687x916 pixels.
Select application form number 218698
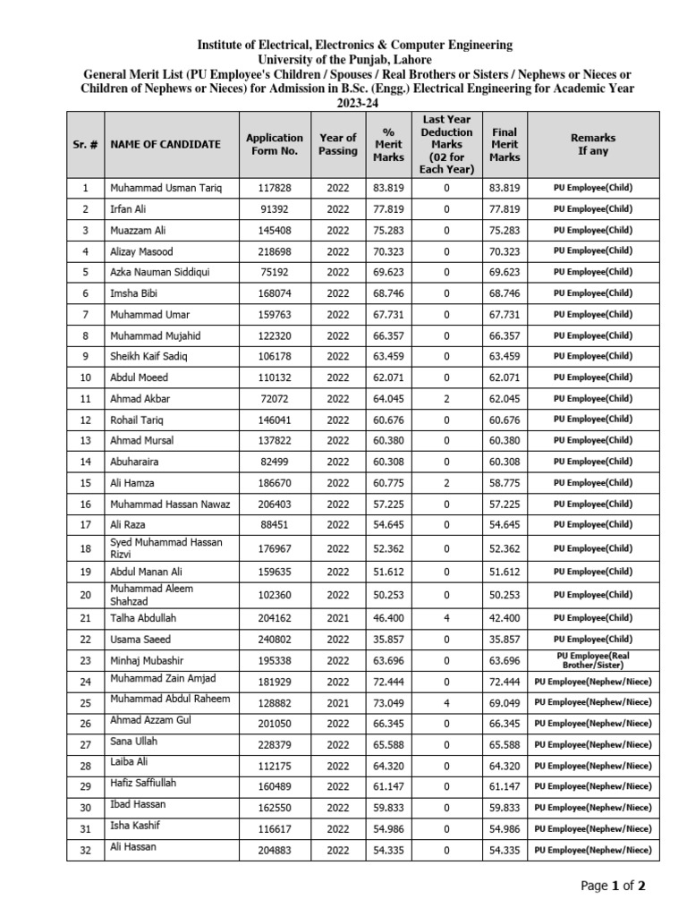coord(276,251)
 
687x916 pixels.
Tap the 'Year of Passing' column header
coord(337,145)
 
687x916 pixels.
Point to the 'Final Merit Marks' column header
coord(505,145)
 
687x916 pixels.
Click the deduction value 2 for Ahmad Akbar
coord(446,398)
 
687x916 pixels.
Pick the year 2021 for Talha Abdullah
coord(337,618)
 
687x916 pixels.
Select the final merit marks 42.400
coord(505,618)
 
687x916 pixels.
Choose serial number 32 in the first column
coord(85,851)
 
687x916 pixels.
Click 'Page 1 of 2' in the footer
coord(613,886)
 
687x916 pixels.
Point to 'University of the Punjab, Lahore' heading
coord(355,59)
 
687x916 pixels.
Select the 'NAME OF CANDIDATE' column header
coord(165,145)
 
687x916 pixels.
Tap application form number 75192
coord(276,272)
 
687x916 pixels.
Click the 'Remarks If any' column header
coord(592,145)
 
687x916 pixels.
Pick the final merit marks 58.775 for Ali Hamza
coord(505,482)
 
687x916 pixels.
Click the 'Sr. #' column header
coord(85,145)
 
